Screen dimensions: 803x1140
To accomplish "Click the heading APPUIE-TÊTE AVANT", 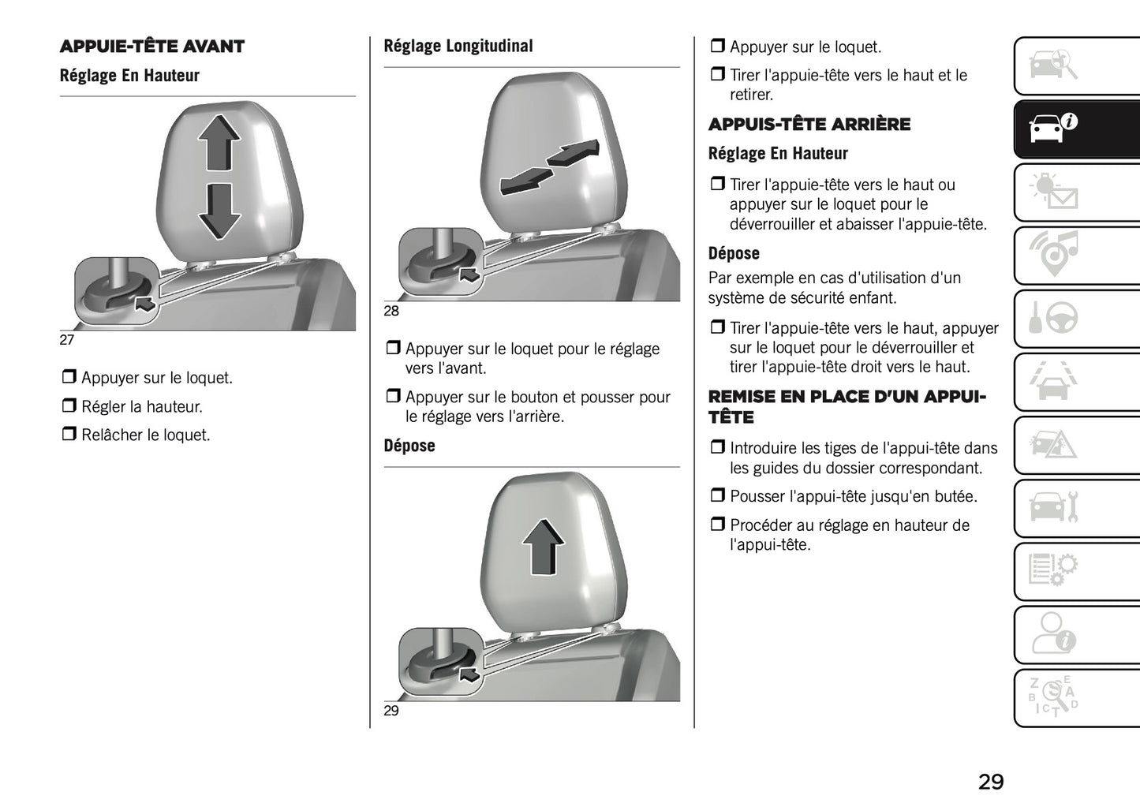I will coord(152,47).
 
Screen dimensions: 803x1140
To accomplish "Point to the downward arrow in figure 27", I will coord(219,211).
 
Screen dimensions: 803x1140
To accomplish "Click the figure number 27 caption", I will coord(67,340).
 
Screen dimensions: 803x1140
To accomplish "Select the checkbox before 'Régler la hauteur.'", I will coord(69,406).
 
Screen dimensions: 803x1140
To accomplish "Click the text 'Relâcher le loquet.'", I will coord(145,435).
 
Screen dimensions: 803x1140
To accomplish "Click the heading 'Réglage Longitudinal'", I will coord(458,47).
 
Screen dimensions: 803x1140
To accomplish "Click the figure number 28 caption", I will coord(391,311).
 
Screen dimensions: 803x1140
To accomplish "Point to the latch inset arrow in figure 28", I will coord(469,275).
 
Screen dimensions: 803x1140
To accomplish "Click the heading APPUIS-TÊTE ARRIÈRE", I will coord(809,125).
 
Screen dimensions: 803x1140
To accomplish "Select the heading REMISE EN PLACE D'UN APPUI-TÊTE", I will coord(847,406).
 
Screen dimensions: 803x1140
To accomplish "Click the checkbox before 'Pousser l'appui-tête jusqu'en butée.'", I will coord(717,496).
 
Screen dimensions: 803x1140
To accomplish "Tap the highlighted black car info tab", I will coord(1054,128).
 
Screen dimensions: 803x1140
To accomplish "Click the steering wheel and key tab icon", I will coord(1054,318).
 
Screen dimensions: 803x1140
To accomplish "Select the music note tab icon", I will coord(1054,255).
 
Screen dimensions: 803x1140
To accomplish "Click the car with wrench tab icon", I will coord(1054,507).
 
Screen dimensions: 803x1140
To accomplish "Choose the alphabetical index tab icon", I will coord(1054,696).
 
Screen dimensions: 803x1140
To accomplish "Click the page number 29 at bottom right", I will coord(991,781).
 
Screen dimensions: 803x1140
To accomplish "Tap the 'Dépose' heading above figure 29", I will coord(409,446).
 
